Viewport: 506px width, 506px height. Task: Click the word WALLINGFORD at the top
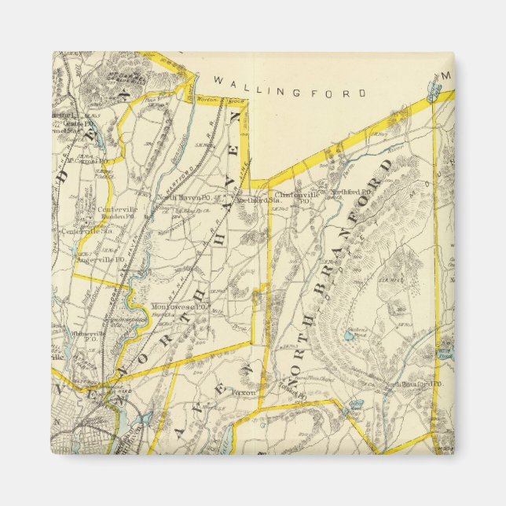290,92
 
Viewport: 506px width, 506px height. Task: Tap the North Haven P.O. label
178,197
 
